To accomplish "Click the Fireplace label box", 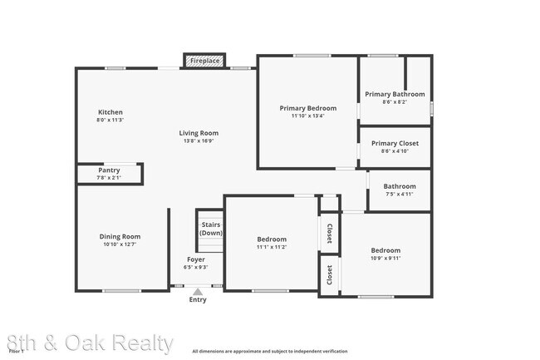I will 204,61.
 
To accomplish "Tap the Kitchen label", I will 110,112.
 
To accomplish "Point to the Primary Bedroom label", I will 307,108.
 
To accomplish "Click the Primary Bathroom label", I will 395,94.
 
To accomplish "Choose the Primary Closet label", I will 395,143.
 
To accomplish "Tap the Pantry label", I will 109,170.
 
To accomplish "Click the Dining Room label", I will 120,236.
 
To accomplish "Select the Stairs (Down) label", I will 211,229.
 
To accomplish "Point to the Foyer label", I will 196,259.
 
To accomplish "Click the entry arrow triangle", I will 197,291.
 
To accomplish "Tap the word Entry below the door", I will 198,300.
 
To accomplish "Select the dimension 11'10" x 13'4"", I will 307,116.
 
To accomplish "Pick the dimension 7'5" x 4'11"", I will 400,195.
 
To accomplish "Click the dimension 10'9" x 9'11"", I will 385,259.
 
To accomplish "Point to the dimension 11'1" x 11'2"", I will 272,247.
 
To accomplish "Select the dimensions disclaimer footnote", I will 270,352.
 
